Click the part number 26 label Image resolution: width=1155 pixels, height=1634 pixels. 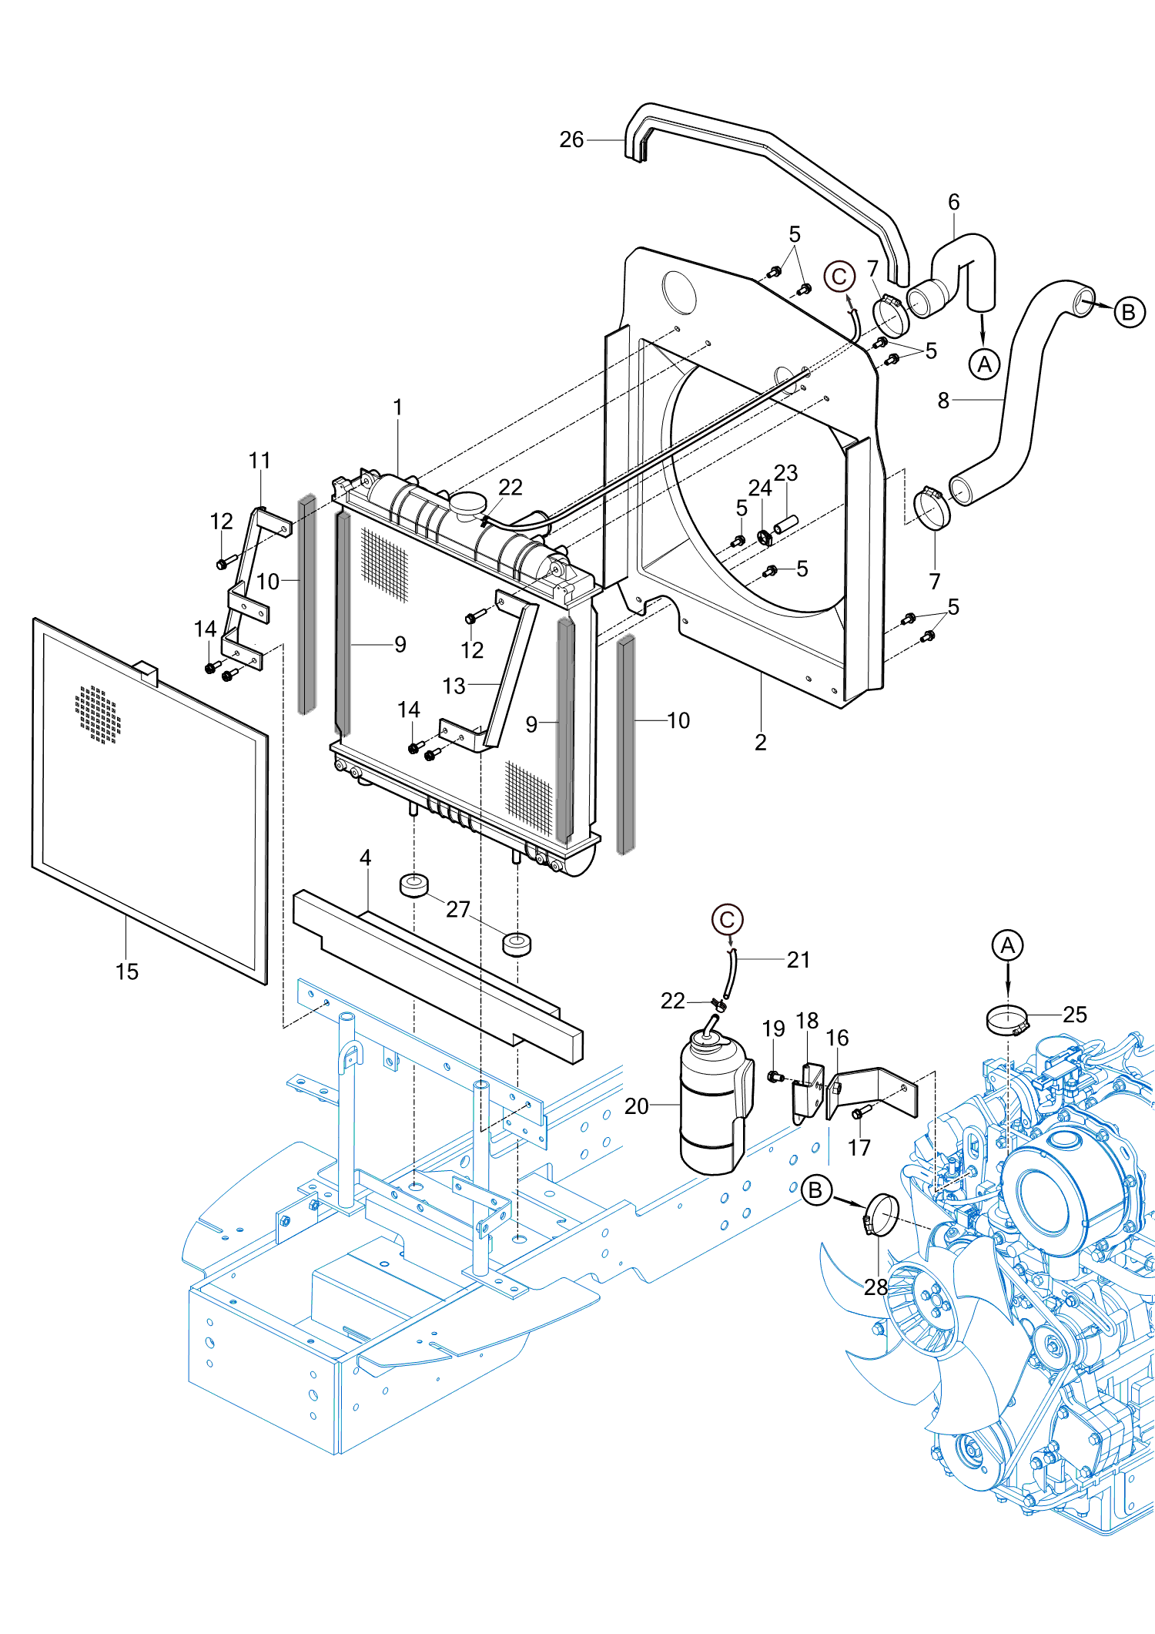point(571,139)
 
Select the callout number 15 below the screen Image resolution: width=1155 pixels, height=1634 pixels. point(127,971)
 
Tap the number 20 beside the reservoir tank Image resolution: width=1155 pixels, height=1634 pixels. point(637,1106)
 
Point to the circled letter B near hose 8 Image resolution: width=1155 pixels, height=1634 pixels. point(1129,312)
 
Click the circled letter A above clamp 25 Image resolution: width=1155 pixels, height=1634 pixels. point(1007,945)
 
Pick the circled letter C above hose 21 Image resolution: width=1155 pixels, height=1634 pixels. point(727,920)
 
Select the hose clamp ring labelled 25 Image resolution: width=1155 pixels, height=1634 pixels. point(1006,1020)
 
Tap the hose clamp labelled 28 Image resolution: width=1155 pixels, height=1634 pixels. point(881,1214)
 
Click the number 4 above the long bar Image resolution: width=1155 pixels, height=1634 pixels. point(366,857)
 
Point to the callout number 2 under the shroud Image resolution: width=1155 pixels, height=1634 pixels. point(761,742)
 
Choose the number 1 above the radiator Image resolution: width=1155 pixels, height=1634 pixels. point(398,407)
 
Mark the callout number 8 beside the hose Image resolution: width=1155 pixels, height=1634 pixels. point(943,401)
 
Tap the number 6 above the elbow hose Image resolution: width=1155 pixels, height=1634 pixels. point(954,202)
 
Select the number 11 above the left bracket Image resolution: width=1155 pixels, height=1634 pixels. point(259,461)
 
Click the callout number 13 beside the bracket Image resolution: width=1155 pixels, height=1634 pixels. point(454,686)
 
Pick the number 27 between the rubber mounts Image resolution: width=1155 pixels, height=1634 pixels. point(458,910)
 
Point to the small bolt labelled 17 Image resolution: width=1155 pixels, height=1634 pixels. point(860,1112)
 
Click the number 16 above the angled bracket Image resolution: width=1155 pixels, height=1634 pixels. point(838,1038)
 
